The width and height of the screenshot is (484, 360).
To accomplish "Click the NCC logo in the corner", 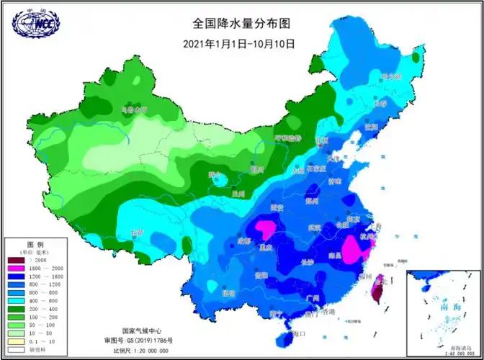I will (35, 22).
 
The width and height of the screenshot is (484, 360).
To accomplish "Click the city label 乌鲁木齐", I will (133, 110).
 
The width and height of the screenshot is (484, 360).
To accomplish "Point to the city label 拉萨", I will (137, 233).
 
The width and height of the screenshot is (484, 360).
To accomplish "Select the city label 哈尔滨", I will (390, 76).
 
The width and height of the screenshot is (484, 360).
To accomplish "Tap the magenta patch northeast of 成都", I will (266, 230).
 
